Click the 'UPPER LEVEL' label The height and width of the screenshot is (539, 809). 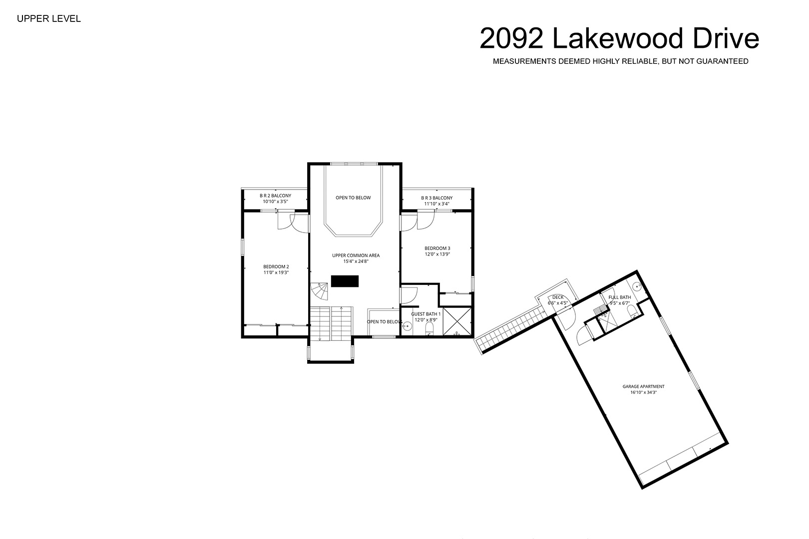(49, 18)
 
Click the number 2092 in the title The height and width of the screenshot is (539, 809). (511, 38)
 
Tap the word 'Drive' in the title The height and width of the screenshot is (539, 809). (726, 38)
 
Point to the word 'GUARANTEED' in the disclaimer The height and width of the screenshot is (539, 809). (722, 61)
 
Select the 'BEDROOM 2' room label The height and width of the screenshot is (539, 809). (276, 267)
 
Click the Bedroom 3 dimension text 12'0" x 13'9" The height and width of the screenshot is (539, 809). (437, 254)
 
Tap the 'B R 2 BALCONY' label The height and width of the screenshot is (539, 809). (275, 196)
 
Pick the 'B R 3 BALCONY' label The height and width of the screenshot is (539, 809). (436, 198)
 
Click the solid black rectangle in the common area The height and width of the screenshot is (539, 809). (345, 281)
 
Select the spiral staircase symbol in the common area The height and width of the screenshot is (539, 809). (320, 291)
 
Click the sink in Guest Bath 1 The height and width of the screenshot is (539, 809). (406, 327)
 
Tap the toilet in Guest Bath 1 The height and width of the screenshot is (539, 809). (429, 328)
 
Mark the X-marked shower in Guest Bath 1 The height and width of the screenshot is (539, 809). (457, 321)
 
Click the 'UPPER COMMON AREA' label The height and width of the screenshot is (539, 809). (356, 256)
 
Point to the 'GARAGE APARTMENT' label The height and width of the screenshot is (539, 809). (644, 386)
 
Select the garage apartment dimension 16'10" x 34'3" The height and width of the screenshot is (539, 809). (643, 392)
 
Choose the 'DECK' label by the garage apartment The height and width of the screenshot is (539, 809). (558, 297)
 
